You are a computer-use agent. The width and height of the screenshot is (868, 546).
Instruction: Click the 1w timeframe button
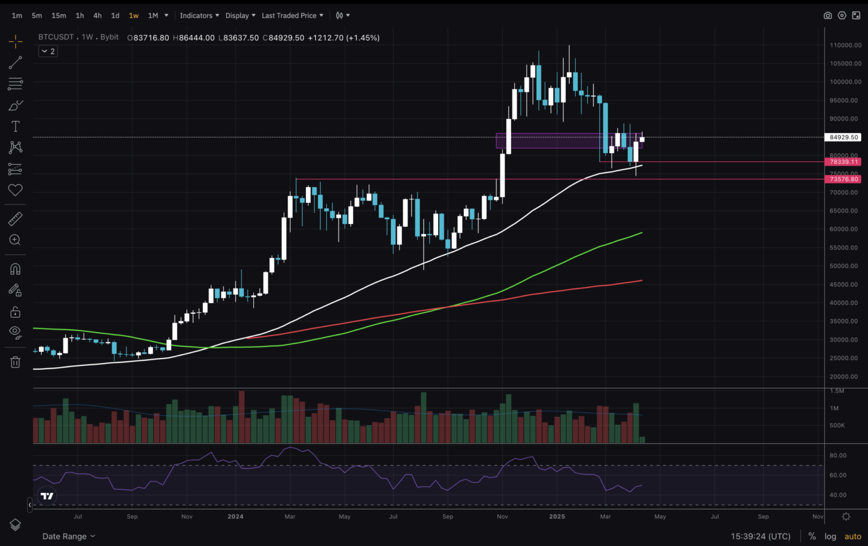(133, 15)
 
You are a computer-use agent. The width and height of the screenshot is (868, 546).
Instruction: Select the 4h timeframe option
(97, 15)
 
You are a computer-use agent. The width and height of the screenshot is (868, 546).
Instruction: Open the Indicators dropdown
(199, 15)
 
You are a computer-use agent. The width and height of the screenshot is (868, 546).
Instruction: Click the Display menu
(240, 15)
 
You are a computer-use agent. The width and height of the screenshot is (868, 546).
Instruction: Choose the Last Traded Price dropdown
(292, 15)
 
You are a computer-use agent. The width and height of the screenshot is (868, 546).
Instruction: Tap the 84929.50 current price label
(844, 137)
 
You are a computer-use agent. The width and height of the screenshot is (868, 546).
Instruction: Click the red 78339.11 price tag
(844, 162)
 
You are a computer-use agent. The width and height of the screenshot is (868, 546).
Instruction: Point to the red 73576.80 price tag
(844, 179)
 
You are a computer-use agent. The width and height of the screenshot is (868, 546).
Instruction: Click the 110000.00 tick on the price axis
(845, 45)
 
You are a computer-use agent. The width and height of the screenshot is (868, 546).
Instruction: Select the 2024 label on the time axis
(235, 517)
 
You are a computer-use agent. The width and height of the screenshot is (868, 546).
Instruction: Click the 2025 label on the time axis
(557, 517)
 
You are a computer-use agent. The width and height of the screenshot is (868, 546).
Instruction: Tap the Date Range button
(68, 536)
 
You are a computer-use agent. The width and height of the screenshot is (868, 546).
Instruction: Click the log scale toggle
(830, 536)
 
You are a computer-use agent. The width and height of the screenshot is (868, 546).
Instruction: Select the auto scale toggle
(853, 536)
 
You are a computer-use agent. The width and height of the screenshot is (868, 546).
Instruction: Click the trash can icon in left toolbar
(15, 362)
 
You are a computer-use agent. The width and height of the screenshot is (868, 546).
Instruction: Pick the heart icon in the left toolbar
(15, 190)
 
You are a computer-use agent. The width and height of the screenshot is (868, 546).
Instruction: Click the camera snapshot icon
(827, 15)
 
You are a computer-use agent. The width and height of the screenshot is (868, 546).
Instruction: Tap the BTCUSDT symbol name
(56, 37)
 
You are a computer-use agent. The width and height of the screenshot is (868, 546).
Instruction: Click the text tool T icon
(15, 126)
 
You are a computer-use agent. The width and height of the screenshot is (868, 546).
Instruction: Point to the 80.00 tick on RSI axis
(837, 455)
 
